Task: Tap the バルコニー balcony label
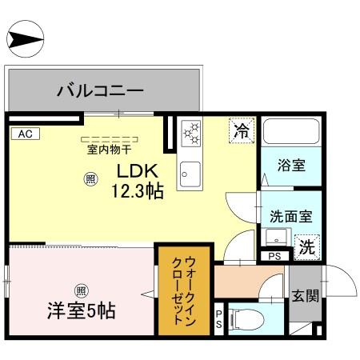[99, 90]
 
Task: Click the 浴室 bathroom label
[290, 166]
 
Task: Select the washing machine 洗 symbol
[306, 247]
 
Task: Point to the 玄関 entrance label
[305, 296]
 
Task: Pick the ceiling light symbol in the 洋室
[80, 290]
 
